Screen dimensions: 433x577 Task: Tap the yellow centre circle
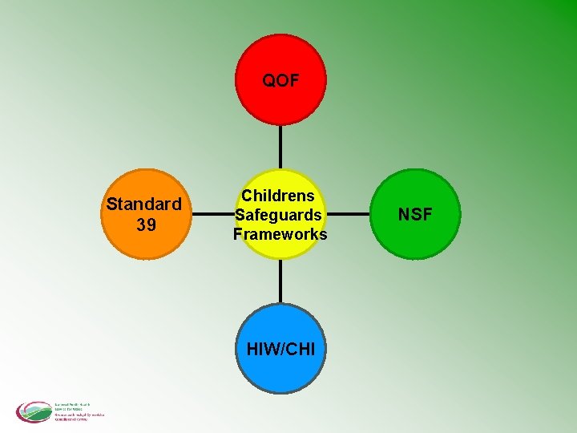point(280,241)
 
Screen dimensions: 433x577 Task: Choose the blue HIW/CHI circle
point(280,369)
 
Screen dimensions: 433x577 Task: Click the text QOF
point(280,80)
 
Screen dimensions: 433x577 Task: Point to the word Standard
point(144,204)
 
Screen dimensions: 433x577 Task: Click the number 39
point(146,225)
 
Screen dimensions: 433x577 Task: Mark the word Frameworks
point(280,234)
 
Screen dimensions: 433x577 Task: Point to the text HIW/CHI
point(280,350)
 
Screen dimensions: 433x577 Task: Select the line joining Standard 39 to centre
point(210,214)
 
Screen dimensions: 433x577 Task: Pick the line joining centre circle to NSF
point(351,214)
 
